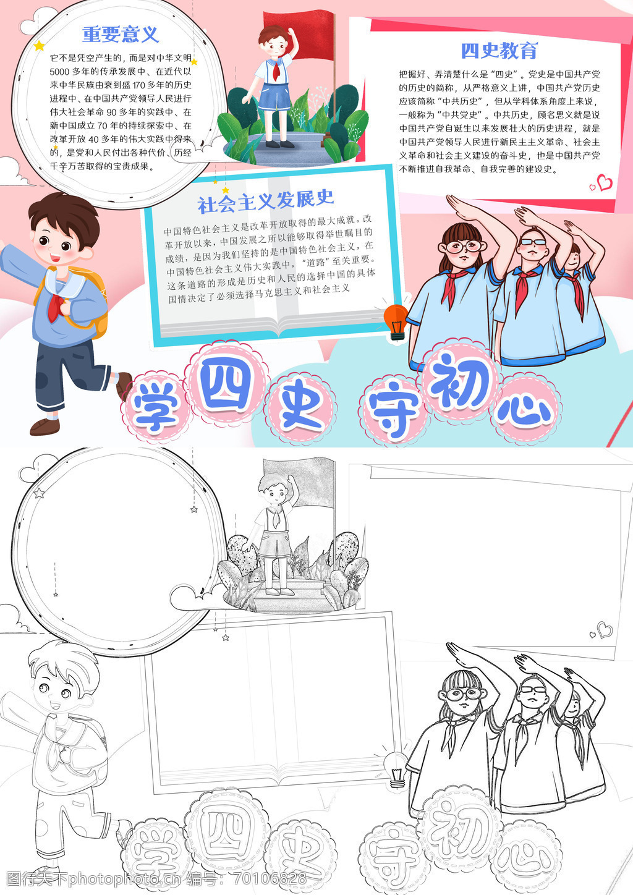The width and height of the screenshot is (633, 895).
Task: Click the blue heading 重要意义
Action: [121, 35]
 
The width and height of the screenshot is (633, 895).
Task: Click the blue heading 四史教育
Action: [499, 51]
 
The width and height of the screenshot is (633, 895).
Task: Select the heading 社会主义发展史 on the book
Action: [266, 201]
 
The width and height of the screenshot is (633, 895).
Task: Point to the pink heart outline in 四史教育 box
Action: [605, 183]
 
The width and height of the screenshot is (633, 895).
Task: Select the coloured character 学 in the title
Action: [155, 407]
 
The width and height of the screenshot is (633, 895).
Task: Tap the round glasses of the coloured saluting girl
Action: [464, 247]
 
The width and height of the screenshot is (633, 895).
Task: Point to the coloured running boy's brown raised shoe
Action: [124, 385]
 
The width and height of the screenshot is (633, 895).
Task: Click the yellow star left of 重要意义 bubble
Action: [39, 46]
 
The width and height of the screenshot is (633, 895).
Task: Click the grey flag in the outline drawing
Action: [299, 483]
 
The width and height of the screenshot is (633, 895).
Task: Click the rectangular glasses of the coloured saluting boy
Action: [533, 242]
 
